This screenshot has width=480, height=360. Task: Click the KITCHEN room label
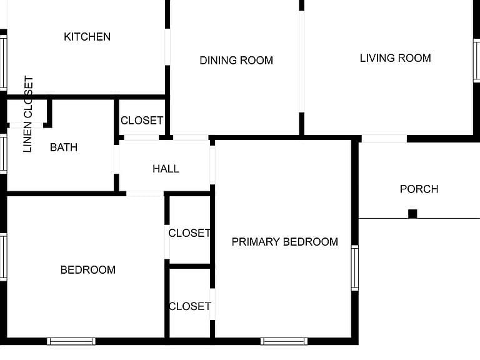coord(87,37)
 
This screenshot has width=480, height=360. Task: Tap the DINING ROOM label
coord(236,60)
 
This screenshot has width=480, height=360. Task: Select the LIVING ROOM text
coord(396,58)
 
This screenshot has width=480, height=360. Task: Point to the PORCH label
coord(419,189)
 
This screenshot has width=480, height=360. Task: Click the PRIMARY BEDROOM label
coord(285,242)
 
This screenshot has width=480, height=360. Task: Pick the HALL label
coord(166,169)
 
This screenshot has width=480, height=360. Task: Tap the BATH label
coord(64,147)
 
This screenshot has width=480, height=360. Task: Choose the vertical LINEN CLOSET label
coord(28,114)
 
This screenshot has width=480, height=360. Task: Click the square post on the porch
coord(412,214)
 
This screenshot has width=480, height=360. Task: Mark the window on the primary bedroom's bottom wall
coord(284,341)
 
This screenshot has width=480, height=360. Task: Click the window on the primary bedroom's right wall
coord(355,268)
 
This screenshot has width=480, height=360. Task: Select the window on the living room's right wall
coord(477,60)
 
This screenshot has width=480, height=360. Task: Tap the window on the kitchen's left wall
coord(3,62)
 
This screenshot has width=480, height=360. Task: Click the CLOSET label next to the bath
coord(142,120)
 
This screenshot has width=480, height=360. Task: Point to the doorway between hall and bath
coord(116,159)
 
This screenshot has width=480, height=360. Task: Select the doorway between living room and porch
coord(384,138)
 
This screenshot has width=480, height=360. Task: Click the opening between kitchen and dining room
coord(167,47)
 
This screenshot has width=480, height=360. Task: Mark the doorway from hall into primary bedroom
coord(212,165)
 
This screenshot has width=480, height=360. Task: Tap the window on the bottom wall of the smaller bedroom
coord(71,341)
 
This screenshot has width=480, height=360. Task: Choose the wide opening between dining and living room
coord(301,61)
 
